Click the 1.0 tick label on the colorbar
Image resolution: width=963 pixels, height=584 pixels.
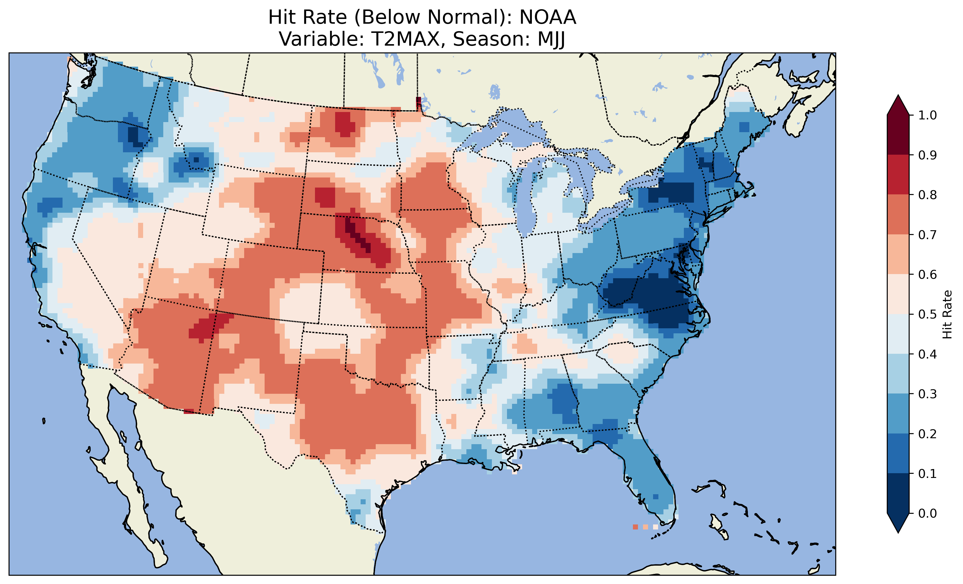927,115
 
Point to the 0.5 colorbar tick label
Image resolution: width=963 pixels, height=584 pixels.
927,314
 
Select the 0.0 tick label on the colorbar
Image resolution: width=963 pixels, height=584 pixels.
927,513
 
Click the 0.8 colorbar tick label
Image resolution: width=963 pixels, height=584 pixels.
927,195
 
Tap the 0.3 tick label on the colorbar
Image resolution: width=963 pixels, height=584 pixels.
927,394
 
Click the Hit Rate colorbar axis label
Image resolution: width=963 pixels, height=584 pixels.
947,314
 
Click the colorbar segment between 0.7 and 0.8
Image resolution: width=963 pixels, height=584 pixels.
898,214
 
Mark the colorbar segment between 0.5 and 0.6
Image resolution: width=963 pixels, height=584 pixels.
898,294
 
